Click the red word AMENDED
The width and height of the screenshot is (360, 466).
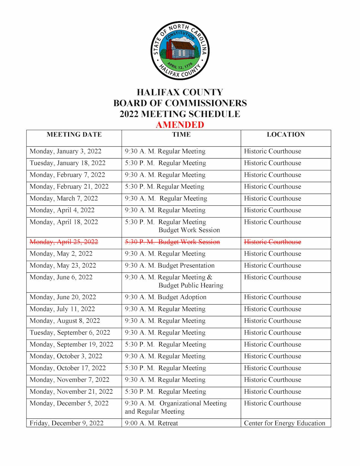pos(180,125)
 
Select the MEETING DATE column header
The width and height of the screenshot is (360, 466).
pos(74,135)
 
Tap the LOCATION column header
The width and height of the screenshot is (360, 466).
pos(286,135)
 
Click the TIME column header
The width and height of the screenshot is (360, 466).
pos(181,135)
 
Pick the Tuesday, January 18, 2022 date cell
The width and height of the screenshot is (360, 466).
pos(67,163)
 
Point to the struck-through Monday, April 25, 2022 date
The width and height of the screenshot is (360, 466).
pos(64,242)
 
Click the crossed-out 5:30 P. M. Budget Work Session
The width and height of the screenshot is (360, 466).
pos(172,242)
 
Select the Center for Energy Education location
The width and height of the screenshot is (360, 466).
pos(284,423)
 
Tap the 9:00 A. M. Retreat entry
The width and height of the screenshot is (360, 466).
pos(151,423)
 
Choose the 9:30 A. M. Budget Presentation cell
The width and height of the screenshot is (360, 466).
pos(170,266)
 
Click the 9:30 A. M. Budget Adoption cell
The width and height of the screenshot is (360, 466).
pos(166,297)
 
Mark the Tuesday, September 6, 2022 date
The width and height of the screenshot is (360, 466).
pos(70,333)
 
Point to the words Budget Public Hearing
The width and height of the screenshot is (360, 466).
pos(191,285)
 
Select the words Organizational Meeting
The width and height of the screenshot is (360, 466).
pos(193,403)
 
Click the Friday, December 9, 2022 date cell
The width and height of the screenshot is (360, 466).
pos(67,423)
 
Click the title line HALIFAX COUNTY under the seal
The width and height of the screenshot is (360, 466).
pos(180,92)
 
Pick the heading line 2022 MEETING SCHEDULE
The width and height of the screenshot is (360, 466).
pos(180,114)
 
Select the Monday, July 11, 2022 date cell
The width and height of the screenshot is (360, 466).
pos(62,309)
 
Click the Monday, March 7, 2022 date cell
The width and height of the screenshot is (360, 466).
pos(64,198)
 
